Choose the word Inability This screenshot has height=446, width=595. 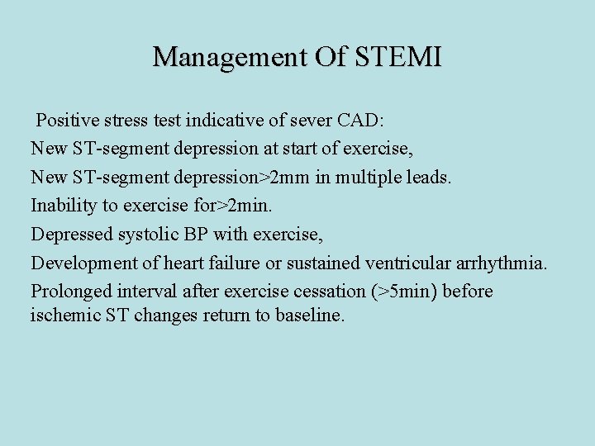click(x=65, y=206)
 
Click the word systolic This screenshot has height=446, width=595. click(x=152, y=235)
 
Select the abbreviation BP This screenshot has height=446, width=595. click(x=196, y=235)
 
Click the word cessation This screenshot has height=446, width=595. click(x=326, y=292)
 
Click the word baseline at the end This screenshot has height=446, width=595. click(x=312, y=316)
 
